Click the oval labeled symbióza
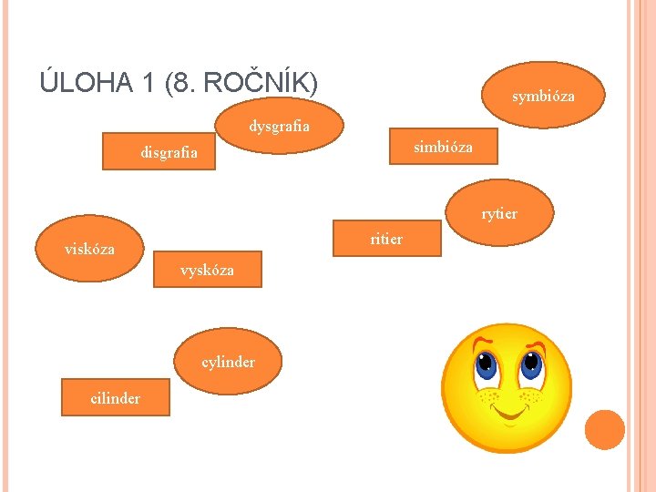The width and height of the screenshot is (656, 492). click(543, 95)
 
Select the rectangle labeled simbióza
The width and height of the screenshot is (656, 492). click(443, 146)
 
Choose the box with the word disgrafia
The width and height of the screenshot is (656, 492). click(169, 152)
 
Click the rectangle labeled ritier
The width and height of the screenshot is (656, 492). click(386, 239)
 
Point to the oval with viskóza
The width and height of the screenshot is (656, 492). click(89, 248)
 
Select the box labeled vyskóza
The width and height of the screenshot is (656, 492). click(207, 270)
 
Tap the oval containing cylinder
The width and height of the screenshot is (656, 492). click(228, 362)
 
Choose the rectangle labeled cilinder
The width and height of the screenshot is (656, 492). click(115, 397)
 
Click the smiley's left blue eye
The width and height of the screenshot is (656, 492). click(487, 367)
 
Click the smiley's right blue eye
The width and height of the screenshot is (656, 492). click(529, 366)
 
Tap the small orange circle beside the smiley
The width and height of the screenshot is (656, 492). click(604, 430)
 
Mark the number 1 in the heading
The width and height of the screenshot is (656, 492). click(149, 83)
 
